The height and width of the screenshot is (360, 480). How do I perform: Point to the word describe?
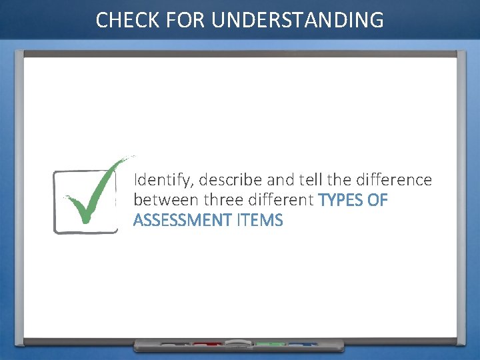coord(231,180)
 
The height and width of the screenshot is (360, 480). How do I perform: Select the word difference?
coord(395,180)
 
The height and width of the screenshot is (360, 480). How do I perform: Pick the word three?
coord(222,200)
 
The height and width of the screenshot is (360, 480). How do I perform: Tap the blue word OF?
coord(378,200)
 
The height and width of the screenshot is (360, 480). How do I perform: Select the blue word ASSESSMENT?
coord(183,220)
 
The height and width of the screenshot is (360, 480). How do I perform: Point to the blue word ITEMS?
coord(259,220)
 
